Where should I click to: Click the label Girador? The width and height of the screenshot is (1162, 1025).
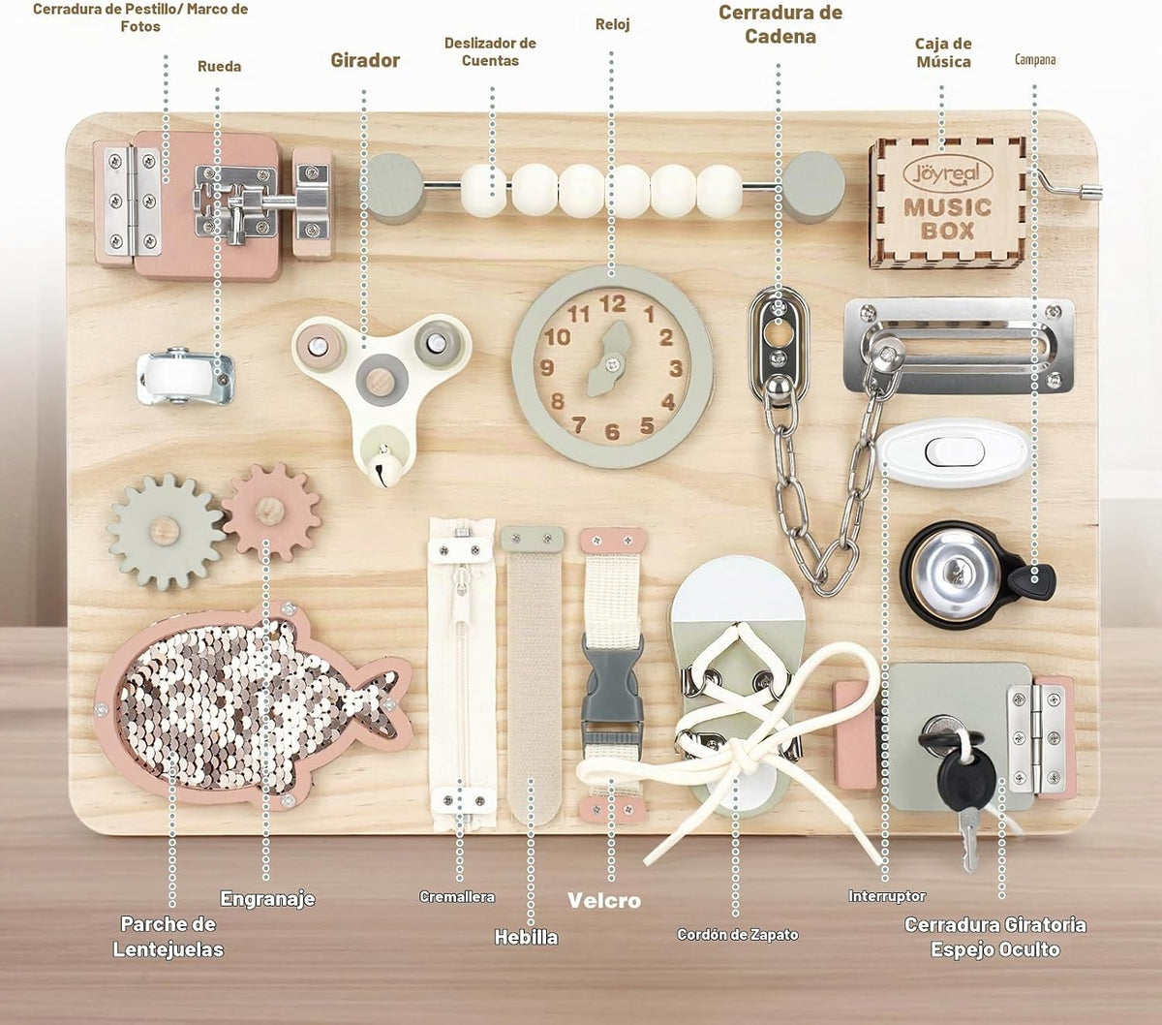[x=365, y=60]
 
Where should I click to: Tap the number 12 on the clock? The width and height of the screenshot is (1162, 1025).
[x=613, y=303]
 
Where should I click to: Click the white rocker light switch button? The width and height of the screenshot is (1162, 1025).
[x=955, y=451]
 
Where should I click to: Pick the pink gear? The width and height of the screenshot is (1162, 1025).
[x=271, y=512]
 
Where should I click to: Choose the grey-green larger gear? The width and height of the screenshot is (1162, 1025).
[x=167, y=532]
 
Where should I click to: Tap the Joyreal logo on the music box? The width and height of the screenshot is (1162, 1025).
[x=947, y=173]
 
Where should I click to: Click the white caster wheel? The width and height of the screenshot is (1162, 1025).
[x=173, y=377]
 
